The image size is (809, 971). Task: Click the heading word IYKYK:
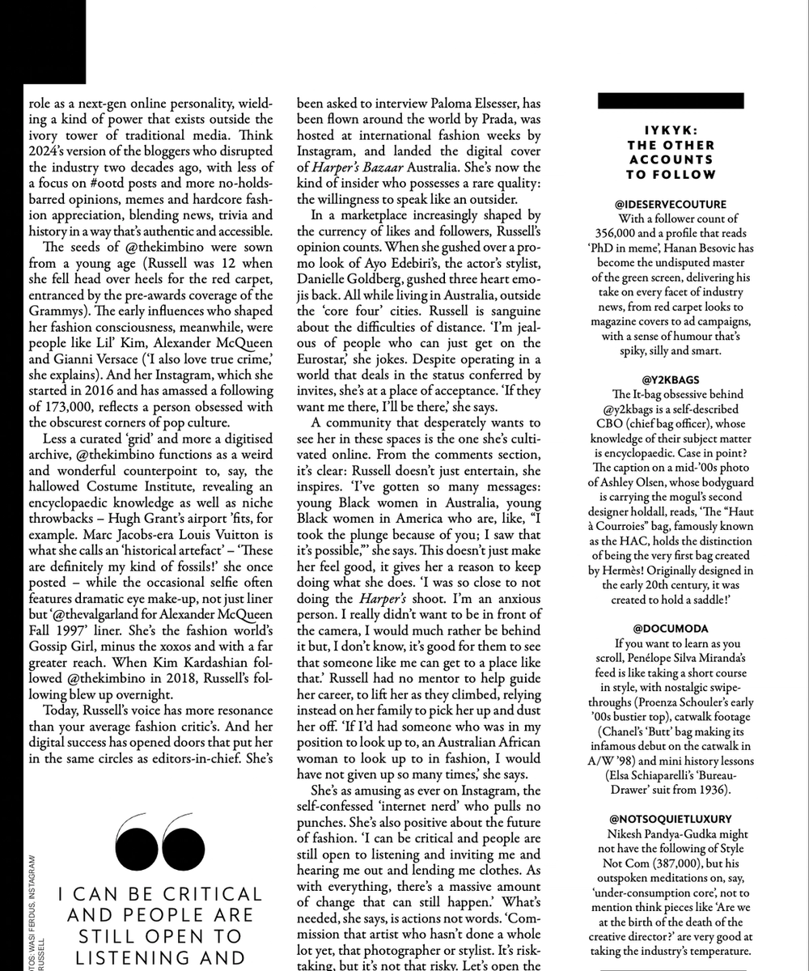pyautogui.click(x=670, y=129)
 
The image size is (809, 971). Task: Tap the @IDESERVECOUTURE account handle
pyautogui.click(x=670, y=205)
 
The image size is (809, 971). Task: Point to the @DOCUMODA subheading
pyautogui.click(x=670, y=627)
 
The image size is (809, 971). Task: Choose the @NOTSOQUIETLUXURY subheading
pyautogui.click(x=670, y=819)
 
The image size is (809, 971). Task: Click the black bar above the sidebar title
pyautogui.click(x=670, y=101)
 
